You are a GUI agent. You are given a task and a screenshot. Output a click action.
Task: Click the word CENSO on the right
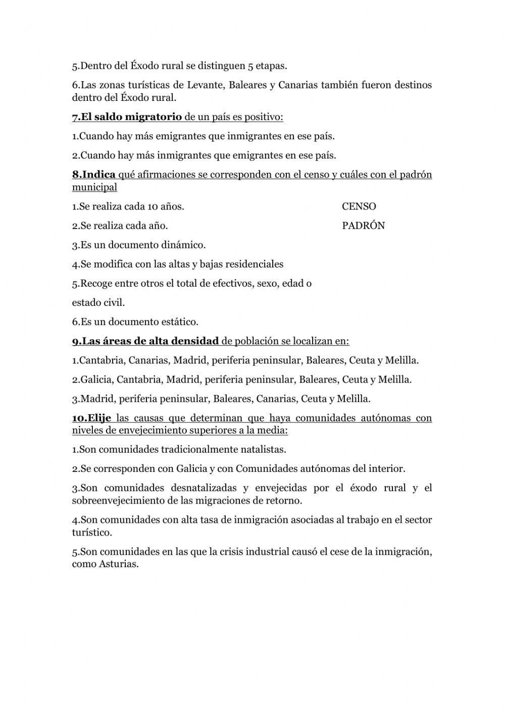click(359, 206)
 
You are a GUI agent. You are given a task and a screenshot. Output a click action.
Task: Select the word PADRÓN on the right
click(363, 226)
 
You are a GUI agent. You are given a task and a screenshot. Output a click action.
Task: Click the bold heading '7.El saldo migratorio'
click(127, 117)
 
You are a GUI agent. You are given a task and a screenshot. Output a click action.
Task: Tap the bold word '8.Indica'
click(94, 175)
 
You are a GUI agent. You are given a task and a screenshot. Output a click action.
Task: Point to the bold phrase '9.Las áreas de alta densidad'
click(145, 341)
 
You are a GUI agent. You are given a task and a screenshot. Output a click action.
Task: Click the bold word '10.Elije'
click(91, 418)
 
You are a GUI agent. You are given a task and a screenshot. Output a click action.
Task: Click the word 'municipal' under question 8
click(94, 187)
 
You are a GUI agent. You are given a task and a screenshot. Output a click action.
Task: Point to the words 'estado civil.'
click(98, 303)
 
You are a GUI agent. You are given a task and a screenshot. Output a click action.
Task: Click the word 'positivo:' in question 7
click(263, 117)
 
